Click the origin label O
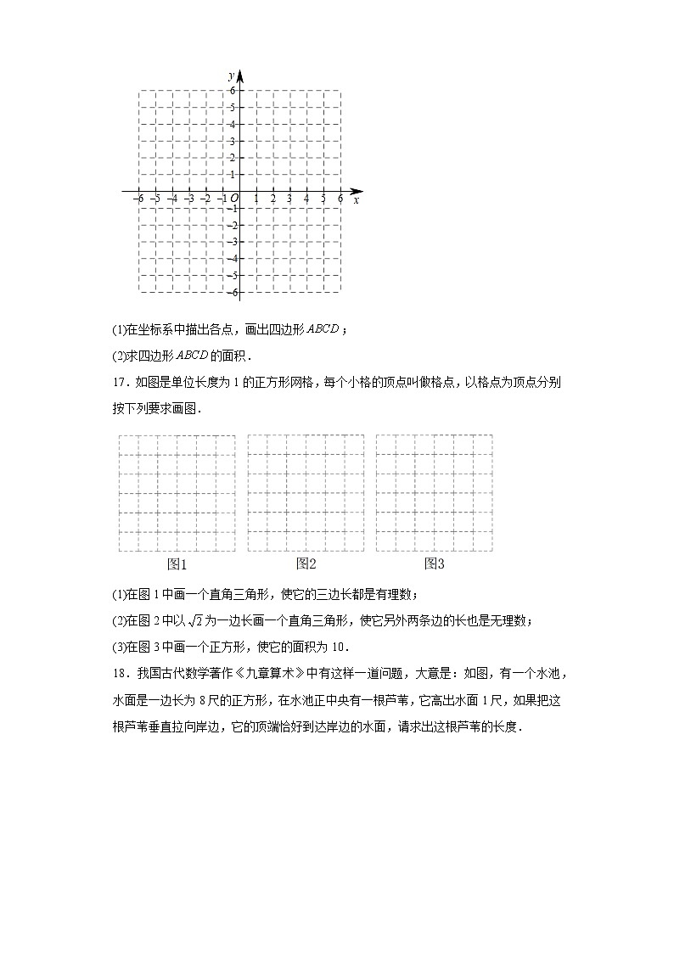point(234,199)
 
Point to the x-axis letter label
point(356,200)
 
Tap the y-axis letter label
point(230,76)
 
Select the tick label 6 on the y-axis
point(232,90)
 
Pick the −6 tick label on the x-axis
point(138,199)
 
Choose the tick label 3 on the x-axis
point(289,199)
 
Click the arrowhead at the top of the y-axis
point(239,73)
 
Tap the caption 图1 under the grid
point(177,564)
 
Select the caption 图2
point(306,563)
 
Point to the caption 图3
point(435,563)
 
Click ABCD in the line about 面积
point(178,356)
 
